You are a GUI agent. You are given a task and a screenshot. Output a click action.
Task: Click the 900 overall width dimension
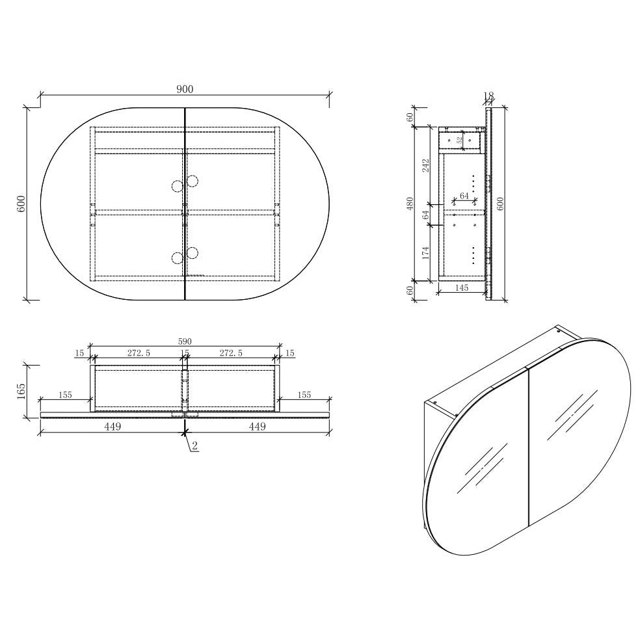tap(185, 89)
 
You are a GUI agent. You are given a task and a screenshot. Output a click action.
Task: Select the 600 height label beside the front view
tap(21, 204)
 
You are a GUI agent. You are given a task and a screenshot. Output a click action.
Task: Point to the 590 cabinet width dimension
tap(185, 341)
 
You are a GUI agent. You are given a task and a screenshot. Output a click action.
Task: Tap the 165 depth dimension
tap(21, 391)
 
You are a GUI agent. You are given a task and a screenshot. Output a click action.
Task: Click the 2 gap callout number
tap(194, 446)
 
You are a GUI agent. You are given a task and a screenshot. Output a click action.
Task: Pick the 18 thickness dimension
tap(488, 96)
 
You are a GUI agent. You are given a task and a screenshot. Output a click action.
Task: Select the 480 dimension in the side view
tap(410, 204)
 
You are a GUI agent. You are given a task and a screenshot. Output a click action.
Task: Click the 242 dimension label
tap(426, 165)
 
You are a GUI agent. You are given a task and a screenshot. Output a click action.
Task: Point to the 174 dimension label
tap(426, 253)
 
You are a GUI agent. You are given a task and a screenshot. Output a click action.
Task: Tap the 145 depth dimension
tap(461, 287)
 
